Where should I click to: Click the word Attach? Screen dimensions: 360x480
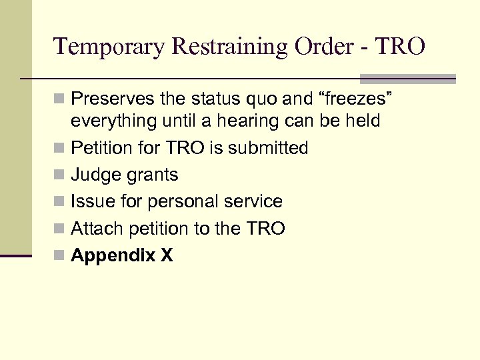(x=95, y=229)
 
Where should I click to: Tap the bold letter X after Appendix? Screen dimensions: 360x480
(x=167, y=255)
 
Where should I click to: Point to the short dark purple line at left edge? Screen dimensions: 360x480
(x=15, y=255)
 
